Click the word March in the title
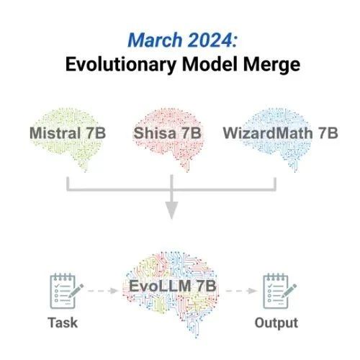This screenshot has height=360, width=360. pos(155,40)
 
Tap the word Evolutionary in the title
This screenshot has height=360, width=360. pos(121,65)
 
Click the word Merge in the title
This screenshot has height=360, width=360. pos(271,65)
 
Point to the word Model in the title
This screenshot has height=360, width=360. pos(210,64)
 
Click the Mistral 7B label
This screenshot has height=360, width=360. pos(68,133)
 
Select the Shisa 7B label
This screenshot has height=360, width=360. pos(167,133)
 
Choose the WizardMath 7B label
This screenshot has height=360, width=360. pos(280,133)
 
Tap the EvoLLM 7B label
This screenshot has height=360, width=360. pos(173,286)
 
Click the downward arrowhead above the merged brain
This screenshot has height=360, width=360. pos(171,210)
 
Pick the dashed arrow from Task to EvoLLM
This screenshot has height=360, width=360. pos(103,291)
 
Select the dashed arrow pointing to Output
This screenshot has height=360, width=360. pos(241,291)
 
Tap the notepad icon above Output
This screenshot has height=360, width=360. pos(279,291)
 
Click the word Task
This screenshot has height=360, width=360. pos(63,323)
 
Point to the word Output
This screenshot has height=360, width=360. pos(276,323)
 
